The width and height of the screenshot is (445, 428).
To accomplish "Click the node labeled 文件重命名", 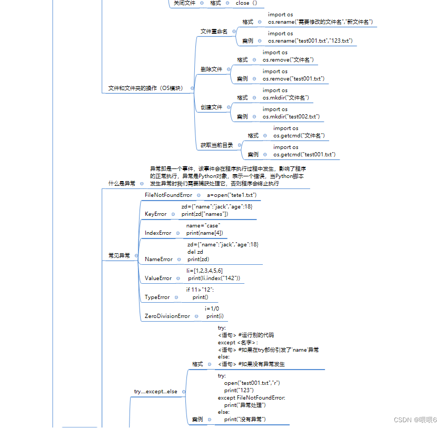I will [214, 32].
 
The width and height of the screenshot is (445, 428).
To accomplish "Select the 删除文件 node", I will [211, 69].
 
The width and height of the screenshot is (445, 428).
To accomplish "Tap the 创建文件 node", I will [211, 107].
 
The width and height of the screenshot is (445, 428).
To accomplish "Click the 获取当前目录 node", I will [216, 145].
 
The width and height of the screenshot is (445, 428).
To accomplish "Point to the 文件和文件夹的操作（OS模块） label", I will [145, 88].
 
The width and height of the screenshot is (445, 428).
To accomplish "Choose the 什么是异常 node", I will [122, 184].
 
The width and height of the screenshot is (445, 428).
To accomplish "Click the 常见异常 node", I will [119, 255].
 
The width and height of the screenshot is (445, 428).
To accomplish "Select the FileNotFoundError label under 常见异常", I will [169, 195].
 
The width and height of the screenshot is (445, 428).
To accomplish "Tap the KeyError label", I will [155, 214].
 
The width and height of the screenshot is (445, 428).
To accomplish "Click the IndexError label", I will [158, 233].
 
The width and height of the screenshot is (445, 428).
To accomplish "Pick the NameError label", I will [159, 259].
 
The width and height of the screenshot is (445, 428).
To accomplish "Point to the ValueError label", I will [158, 278].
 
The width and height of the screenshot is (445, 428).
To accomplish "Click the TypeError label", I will [157, 297].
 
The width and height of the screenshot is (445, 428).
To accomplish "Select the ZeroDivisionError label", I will [167, 316].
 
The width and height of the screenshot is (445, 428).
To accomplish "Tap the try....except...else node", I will [155, 392].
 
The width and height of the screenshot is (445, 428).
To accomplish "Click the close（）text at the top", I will [246, 3].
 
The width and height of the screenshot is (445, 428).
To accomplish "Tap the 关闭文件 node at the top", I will [184, 3].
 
